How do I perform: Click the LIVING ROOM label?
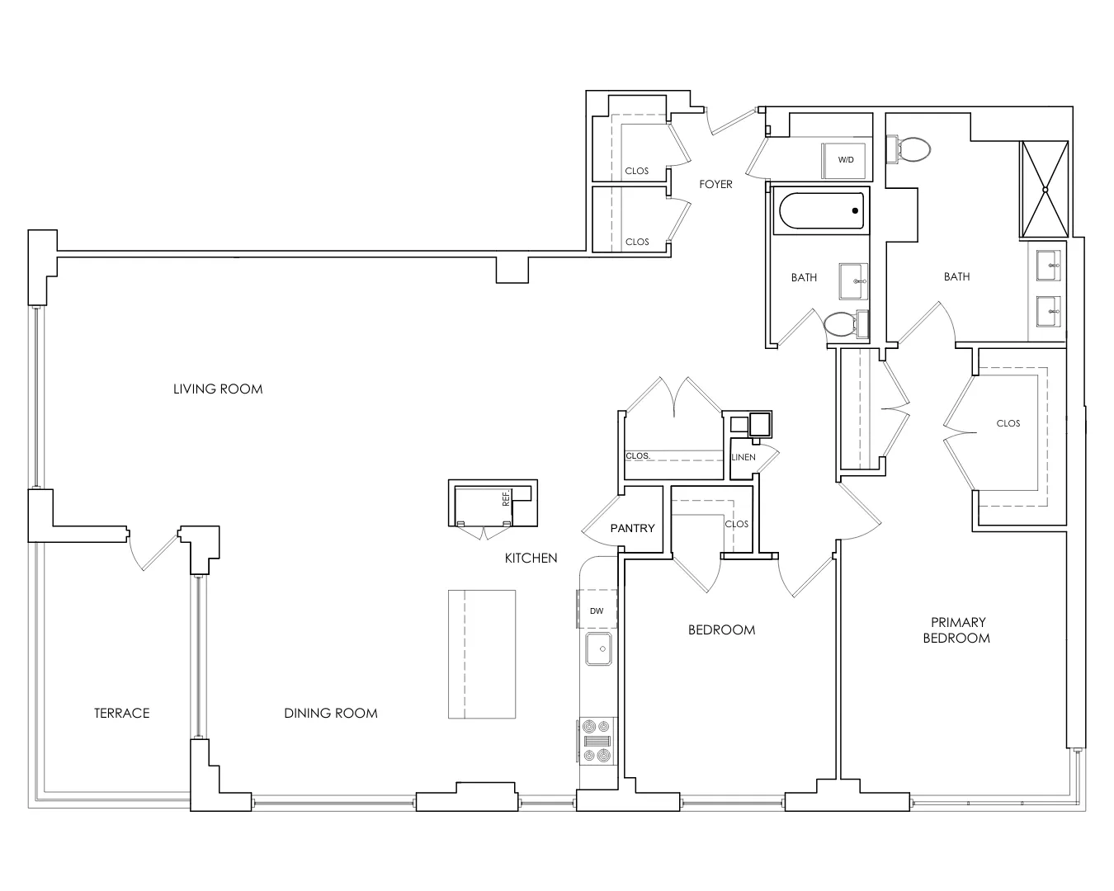pyautogui.click(x=218, y=389)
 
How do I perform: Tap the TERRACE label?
pyautogui.click(x=122, y=713)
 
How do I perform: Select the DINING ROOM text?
pyautogui.click(x=331, y=713)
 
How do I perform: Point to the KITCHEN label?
pyautogui.click(x=531, y=559)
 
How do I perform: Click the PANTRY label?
pyautogui.click(x=632, y=528)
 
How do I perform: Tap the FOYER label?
pyautogui.click(x=715, y=184)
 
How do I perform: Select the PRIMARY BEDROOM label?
pyautogui.click(x=956, y=630)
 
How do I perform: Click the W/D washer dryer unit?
pyautogui.click(x=846, y=160)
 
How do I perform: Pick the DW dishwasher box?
pyautogui.click(x=597, y=611)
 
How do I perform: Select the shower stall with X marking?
pyautogui.click(x=1045, y=190)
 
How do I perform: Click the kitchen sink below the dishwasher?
pyautogui.click(x=598, y=648)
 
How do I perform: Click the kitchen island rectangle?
pyautogui.click(x=482, y=653)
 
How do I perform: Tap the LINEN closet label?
pyautogui.click(x=743, y=457)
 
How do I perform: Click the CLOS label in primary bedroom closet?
pyautogui.click(x=1008, y=423)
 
